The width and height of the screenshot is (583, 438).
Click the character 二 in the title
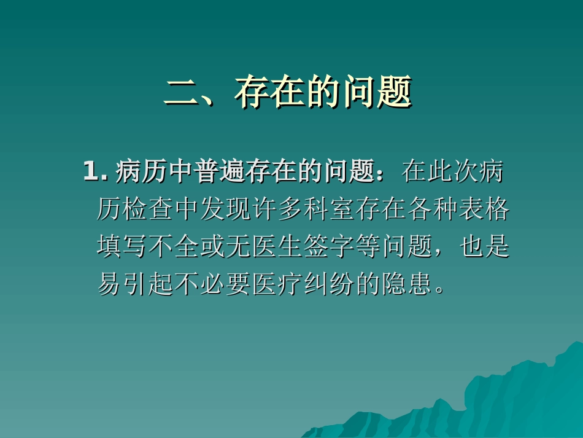point(184,93)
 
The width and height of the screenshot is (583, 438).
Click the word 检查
point(149,210)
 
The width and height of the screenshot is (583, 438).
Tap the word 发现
point(226,210)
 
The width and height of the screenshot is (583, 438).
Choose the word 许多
point(277,210)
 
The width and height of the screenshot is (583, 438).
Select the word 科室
point(329,210)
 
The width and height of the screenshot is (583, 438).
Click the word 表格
point(484,210)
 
